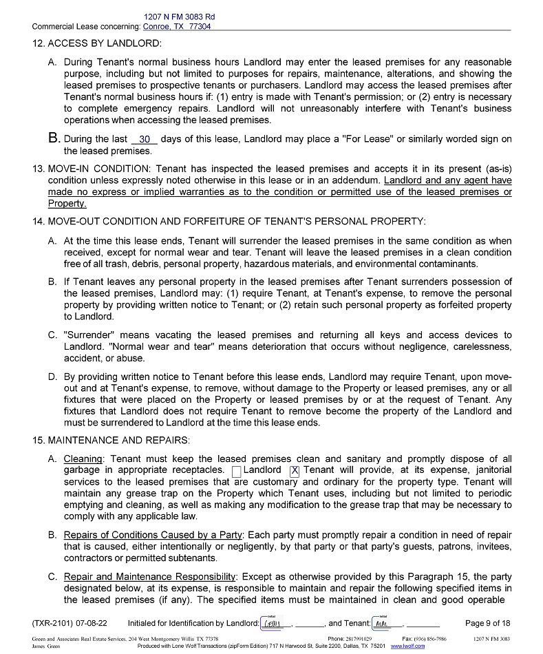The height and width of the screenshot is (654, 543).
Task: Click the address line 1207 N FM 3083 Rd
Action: [180, 17]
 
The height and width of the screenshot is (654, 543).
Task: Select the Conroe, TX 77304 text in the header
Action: [177, 27]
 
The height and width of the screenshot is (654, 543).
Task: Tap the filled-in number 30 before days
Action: [145, 139]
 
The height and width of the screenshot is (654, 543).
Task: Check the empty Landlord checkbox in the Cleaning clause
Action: [237, 471]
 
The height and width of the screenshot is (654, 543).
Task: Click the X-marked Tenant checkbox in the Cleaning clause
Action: [295, 471]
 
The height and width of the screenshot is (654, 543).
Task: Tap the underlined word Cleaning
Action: [83, 459]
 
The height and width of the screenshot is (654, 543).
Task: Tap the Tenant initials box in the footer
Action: [383, 624]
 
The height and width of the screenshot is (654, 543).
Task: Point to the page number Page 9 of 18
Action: [487, 624]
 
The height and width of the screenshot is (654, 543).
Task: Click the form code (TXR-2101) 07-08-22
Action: [70, 624]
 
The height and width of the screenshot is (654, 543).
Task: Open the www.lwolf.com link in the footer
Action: [407, 646]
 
